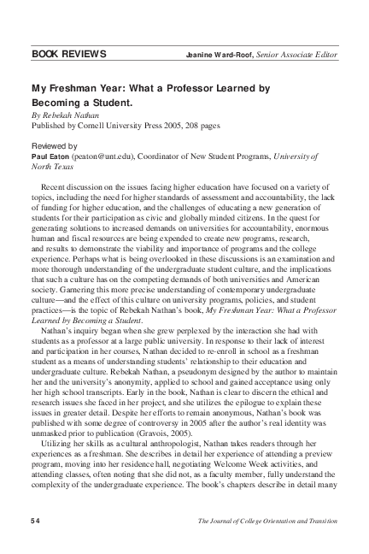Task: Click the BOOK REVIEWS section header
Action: point(68,55)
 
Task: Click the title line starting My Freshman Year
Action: point(150,88)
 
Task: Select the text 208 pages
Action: point(200,125)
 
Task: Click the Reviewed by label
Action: point(54,146)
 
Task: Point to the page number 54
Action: point(36,521)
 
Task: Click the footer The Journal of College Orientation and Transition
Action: point(266,521)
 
